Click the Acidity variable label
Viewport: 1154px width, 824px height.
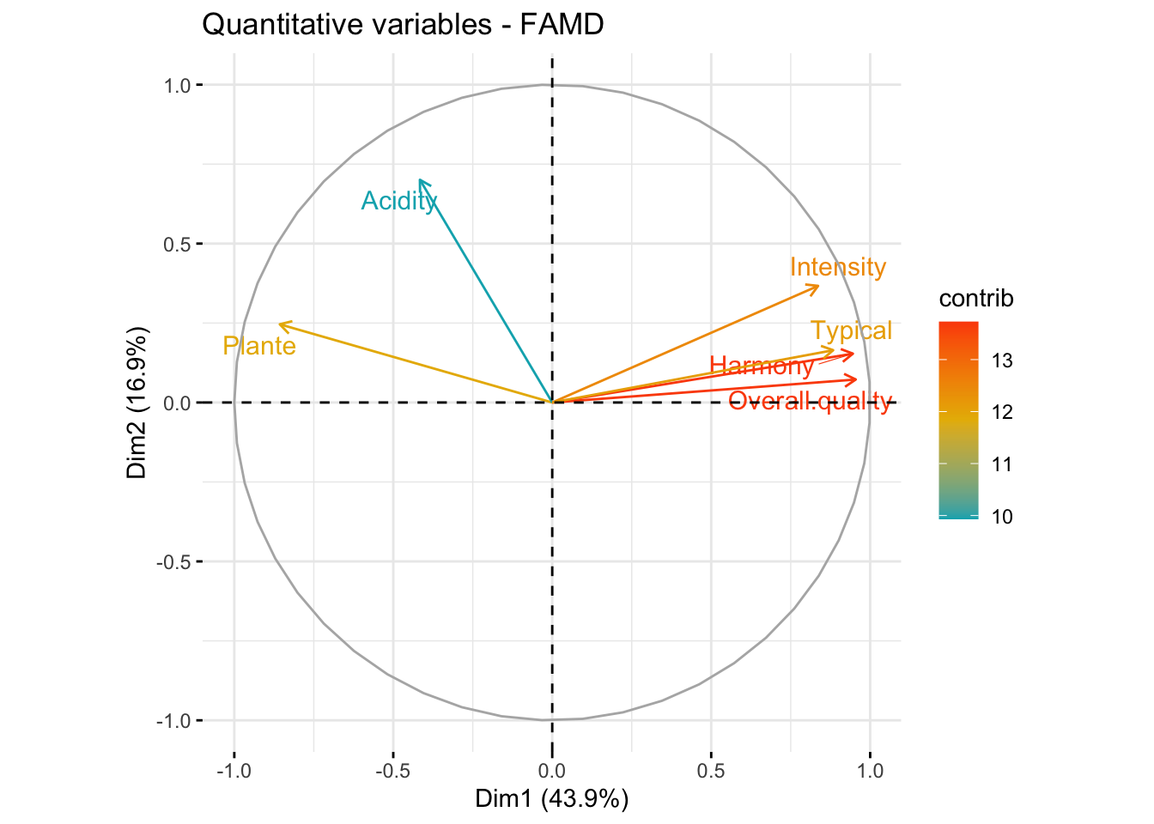click(x=399, y=201)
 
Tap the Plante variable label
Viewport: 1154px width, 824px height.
click(x=259, y=346)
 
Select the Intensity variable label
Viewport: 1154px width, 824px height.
click(x=837, y=267)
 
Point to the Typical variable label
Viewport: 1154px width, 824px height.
click(x=851, y=330)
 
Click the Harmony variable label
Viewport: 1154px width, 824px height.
click(x=762, y=367)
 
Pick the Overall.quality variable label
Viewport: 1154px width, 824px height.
click(x=810, y=401)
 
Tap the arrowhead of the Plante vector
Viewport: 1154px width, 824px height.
click(x=280, y=324)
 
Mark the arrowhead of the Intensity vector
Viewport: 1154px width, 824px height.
click(x=818, y=286)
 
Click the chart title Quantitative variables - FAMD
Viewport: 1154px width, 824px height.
click(x=403, y=25)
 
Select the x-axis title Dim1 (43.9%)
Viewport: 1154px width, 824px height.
click(x=552, y=799)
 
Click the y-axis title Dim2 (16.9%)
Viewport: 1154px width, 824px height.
click(x=137, y=402)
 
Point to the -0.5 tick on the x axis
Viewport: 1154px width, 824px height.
click(x=392, y=770)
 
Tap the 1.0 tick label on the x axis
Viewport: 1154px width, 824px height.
click(x=870, y=770)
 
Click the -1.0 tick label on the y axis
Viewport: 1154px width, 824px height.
click(x=172, y=720)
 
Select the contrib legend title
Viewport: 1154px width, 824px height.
click(x=976, y=299)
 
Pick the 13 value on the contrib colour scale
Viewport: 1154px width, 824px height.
click(x=1002, y=360)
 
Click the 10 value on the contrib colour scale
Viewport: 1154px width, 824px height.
click(x=1002, y=516)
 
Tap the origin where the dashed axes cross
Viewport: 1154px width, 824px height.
click(x=552, y=402)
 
